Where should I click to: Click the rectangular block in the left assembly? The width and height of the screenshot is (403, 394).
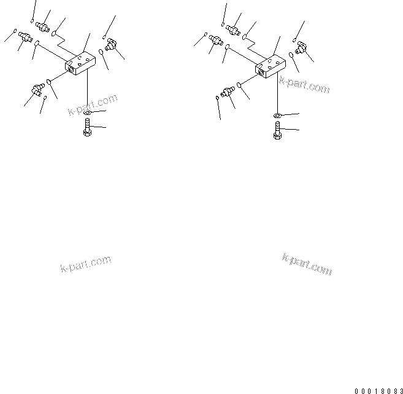tap(79, 63)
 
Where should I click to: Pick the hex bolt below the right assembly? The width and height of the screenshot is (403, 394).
tap(278, 130)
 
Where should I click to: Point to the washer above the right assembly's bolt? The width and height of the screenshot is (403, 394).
tap(277, 116)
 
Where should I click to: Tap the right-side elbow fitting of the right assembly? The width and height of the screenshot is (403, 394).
tap(300, 47)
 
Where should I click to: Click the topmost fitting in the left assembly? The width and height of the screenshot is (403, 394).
tap(44, 26)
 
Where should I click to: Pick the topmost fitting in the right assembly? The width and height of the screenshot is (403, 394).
tap(233, 28)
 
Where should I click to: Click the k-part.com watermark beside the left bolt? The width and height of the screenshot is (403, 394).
tap(92, 105)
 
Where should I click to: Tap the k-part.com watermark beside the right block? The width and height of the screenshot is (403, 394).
tap(304, 85)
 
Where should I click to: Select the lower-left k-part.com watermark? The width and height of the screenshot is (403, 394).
tap(86, 264)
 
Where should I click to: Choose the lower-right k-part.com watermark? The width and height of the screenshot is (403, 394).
tap(307, 264)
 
